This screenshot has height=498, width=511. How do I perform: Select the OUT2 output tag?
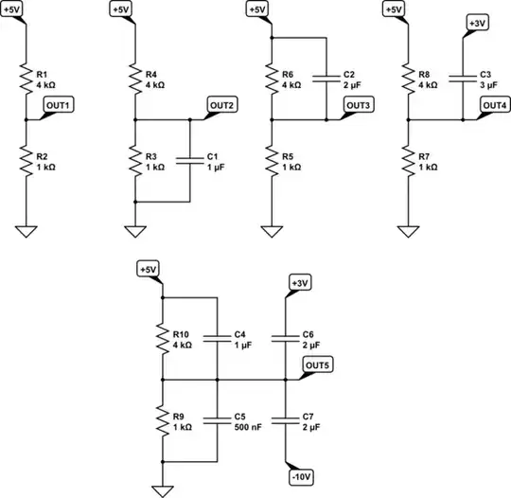tap(222, 105)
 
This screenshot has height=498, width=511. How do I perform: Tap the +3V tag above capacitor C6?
tap(300, 283)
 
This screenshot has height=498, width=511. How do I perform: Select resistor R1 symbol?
tap(27, 80)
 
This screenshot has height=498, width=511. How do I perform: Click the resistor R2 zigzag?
tap(27, 161)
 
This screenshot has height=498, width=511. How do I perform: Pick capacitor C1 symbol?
tap(190, 161)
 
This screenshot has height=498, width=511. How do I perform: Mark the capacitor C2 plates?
tap(326, 80)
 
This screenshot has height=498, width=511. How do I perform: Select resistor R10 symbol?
tap(163, 338)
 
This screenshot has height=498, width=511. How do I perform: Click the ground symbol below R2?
tap(27, 229)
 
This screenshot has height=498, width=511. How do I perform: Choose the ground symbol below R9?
tap(163, 487)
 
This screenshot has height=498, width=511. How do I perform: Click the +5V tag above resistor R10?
tap(149, 270)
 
